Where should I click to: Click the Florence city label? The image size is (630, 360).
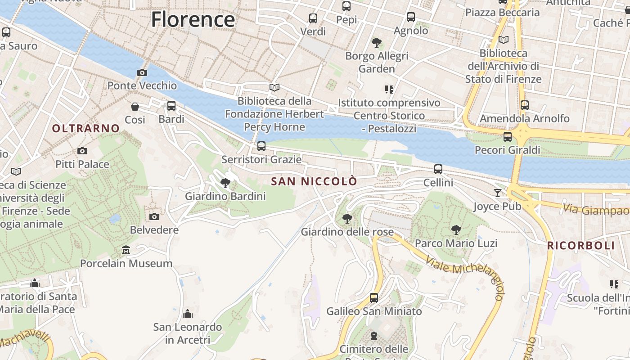coord(193,20)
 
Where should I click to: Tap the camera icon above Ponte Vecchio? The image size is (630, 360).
coord(142,72)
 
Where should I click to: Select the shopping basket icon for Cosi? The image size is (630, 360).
coord(135,107)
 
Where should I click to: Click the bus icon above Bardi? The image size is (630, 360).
coord(171,106)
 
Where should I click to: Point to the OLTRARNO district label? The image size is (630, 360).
coord(86,129)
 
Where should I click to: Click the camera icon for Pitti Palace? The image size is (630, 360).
coord(82,151)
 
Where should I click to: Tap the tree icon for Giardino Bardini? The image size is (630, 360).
coord(225,183)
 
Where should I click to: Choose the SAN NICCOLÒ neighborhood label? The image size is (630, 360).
coord(314,182)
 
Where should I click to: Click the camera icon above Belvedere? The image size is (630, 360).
coord(154,216)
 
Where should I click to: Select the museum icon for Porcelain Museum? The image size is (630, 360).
coord(126,250)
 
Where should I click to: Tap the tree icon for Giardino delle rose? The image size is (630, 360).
coord(347,219)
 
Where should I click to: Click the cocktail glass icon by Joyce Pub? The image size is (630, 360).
coord(497,193)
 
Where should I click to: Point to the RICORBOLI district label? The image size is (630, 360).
coord(581,246)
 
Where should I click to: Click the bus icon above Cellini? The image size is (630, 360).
coord(438,169)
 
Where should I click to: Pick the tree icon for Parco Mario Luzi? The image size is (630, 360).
coord(456,230)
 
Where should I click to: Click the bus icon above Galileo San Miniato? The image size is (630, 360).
coord(374,297)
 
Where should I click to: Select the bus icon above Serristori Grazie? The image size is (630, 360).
coord(261,146)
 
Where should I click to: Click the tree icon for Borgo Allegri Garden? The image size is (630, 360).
coord(377,43)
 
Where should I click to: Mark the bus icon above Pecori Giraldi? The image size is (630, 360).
coord(508,136)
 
